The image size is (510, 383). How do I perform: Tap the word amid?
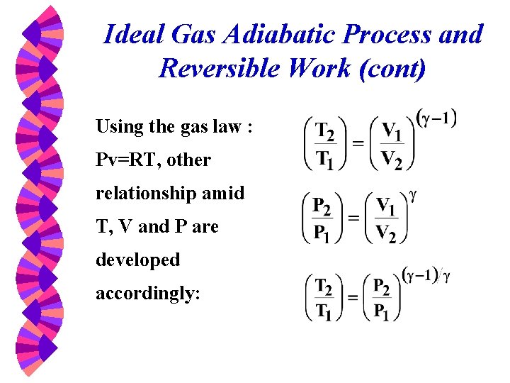tap(222, 193)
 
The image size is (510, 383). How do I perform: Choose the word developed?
tap(138, 260)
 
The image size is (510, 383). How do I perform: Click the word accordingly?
tap(148, 294)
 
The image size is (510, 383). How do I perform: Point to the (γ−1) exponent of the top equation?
tap(437, 118)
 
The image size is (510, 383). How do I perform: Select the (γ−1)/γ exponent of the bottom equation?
tap(426, 274)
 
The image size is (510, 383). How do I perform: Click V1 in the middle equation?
tap(387, 206)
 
